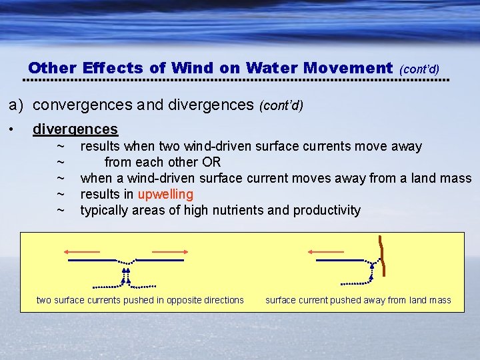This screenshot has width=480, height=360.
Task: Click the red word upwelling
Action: pyautogui.click(x=165, y=195)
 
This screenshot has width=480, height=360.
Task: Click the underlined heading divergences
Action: pyautogui.click(x=75, y=129)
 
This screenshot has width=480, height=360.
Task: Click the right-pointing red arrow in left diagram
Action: pyautogui.click(x=171, y=252)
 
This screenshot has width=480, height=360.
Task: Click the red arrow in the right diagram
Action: pyautogui.click(x=326, y=252)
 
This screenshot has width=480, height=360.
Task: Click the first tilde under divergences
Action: pyautogui.click(x=61, y=146)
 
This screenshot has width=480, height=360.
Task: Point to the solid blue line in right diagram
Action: pyautogui.click(x=339, y=260)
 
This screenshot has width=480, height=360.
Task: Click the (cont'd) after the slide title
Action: pyautogui.click(x=419, y=69)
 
